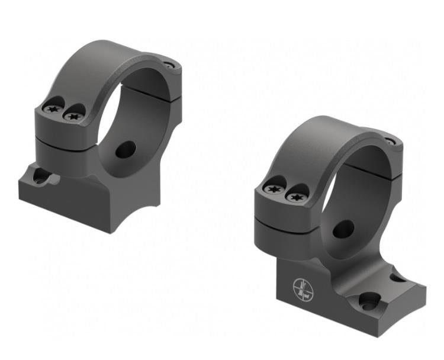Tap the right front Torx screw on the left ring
point(73,115)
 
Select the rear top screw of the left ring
point(170,65)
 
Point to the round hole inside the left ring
point(126,149)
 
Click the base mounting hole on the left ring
point(41,176)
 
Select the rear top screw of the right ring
point(389,142)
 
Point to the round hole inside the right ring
point(343,229)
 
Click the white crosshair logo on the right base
point(303,288)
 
